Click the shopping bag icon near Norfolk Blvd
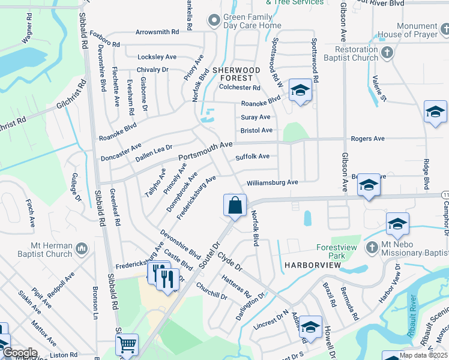[235, 205]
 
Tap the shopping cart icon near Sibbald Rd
[127, 345]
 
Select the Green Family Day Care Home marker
[213, 21]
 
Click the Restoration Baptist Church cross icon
[387, 52]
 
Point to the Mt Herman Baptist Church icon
[82, 248]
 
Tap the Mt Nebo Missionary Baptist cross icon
[372, 247]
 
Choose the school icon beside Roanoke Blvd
[300, 91]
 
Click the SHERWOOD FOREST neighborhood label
[237, 74]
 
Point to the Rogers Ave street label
[367, 139]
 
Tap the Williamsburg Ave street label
[272, 182]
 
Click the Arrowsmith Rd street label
[157, 31]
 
